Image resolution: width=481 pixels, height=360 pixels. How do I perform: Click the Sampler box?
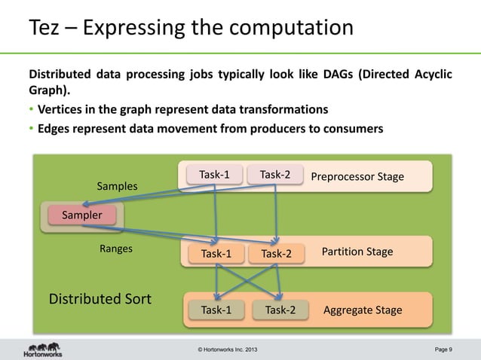82,215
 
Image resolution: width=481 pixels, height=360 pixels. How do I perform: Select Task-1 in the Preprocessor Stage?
214,175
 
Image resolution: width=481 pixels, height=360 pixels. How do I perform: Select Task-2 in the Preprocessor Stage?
275,175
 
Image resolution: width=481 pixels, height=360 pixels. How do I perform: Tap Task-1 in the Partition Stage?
216,253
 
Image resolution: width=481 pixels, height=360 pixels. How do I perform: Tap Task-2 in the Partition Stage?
276,253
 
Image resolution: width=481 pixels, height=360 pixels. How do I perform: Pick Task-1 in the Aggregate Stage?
216,310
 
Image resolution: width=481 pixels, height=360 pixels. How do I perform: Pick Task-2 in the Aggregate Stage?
280,310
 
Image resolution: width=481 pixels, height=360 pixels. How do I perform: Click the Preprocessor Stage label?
357,176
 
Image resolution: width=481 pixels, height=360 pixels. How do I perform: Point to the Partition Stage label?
357,252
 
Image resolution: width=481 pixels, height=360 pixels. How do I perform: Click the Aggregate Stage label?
362,310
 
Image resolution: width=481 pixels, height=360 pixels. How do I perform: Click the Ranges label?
116,249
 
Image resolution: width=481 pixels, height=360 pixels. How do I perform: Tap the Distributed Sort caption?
100,299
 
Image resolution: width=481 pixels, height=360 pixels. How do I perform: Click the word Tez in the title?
46,28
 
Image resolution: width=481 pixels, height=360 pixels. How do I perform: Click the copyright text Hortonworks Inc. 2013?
231,349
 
